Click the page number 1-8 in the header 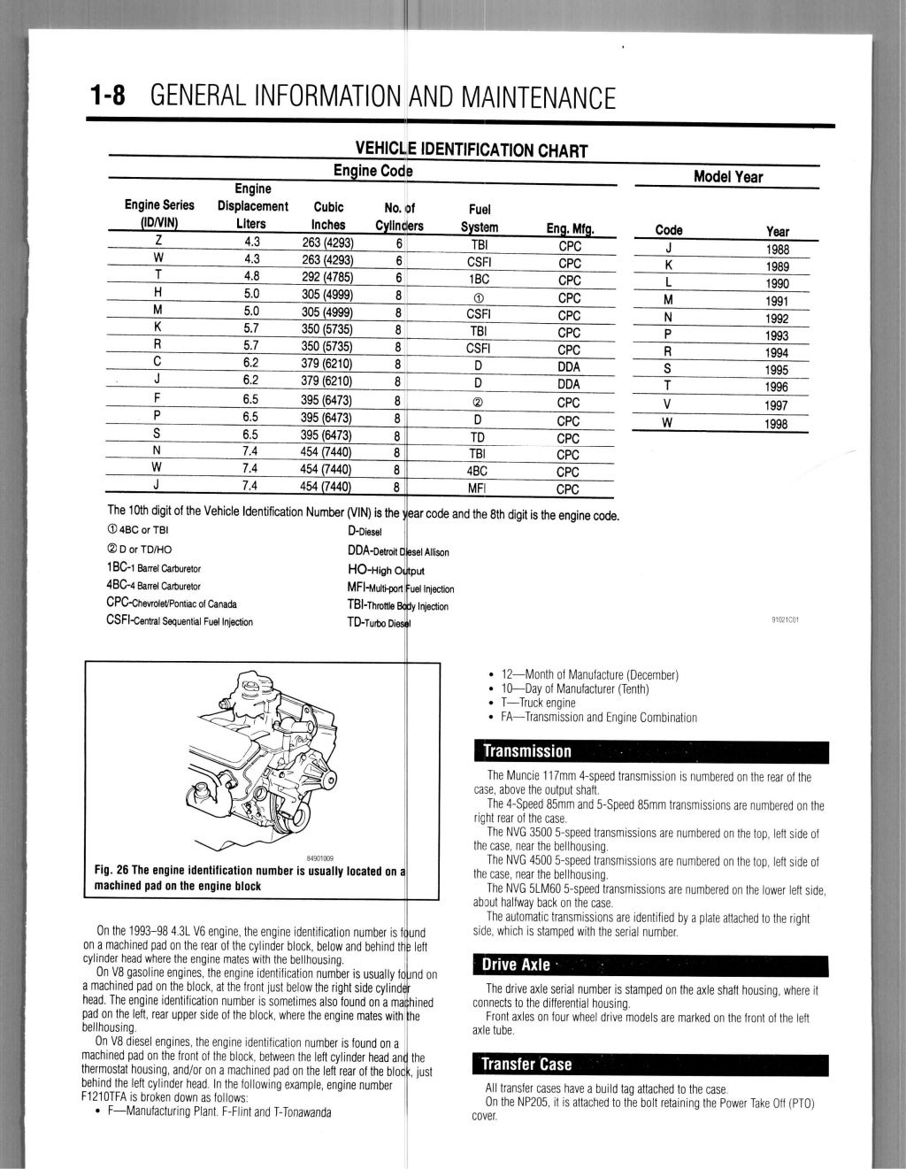click(x=110, y=96)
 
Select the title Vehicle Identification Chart click(x=471, y=150)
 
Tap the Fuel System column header click(x=479, y=218)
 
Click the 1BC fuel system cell click(x=479, y=277)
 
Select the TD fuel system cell click(x=479, y=437)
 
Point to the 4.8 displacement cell click(x=251, y=275)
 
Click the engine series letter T click(x=157, y=275)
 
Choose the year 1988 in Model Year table click(x=777, y=249)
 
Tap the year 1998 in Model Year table click(x=777, y=424)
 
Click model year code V click(x=668, y=405)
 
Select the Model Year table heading click(x=727, y=176)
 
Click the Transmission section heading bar click(x=650, y=751)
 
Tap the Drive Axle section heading click(x=650, y=965)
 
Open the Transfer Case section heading click(x=650, y=1064)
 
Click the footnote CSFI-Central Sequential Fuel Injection click(x=179, y=621)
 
